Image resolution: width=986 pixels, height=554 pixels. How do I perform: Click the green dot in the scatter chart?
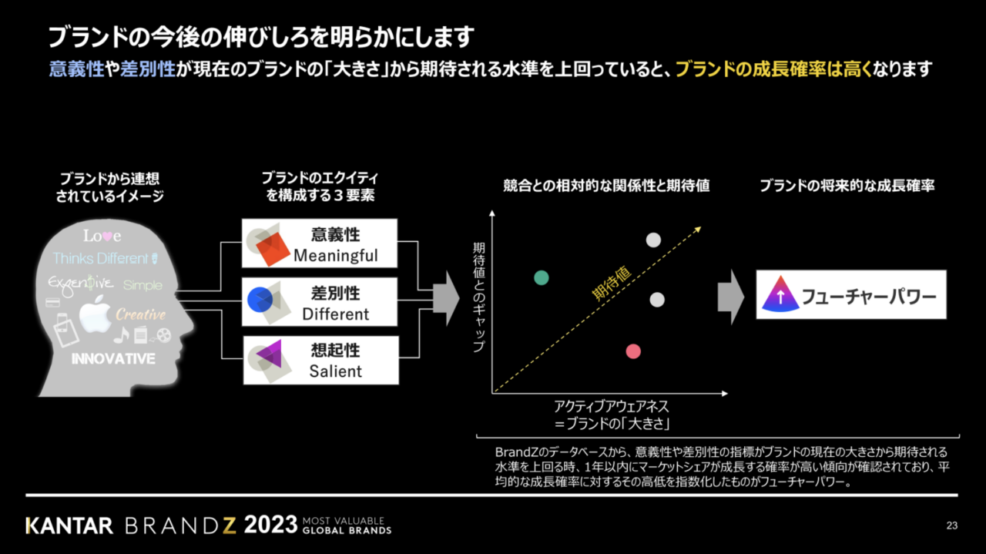point(542,278)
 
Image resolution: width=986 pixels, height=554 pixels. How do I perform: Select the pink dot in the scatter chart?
point(633,351)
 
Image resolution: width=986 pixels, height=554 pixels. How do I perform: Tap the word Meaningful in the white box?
point(335,255)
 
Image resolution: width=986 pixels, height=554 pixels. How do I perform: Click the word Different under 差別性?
point(335,314)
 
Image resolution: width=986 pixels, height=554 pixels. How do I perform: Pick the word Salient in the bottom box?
point(335,371)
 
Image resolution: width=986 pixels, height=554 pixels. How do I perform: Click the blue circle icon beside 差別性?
point(260,300)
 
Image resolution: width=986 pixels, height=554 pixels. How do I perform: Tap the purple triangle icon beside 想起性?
point(269,354)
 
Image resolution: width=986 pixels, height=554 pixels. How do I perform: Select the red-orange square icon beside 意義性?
point(273,249)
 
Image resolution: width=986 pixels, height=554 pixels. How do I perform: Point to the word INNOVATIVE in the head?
point(113,359)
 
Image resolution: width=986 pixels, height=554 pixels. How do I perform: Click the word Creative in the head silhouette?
point(140,314)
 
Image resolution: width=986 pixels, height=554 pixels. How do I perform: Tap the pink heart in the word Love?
point(107,237)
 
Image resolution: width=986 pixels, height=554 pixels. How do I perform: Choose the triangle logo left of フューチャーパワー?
point(780,294)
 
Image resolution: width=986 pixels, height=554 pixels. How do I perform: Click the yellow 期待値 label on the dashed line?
point(612,284)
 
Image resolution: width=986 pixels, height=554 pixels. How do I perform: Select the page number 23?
point(951,525)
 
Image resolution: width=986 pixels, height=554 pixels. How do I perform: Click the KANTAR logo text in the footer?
point(69,525)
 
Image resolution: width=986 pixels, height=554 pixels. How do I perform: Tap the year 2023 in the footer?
point(270,525)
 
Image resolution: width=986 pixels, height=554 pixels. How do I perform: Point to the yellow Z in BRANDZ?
point(229,525)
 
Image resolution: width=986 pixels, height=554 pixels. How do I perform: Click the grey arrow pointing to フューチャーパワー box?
point(731,297)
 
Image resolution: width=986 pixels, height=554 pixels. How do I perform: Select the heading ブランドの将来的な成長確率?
point(847,186)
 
